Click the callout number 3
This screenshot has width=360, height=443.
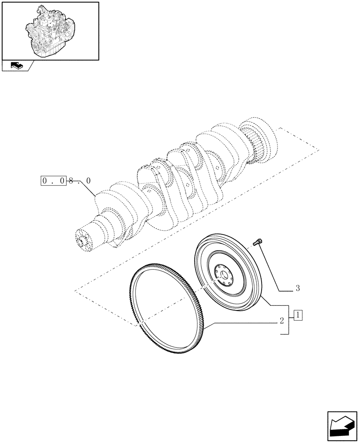pos(297,288)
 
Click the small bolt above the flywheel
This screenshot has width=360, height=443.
pos(257,242)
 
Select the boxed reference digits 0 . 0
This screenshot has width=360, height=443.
pos(53,180)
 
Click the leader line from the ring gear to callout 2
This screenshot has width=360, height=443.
pos(244,323)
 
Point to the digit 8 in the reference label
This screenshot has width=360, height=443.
pos(71,181)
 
